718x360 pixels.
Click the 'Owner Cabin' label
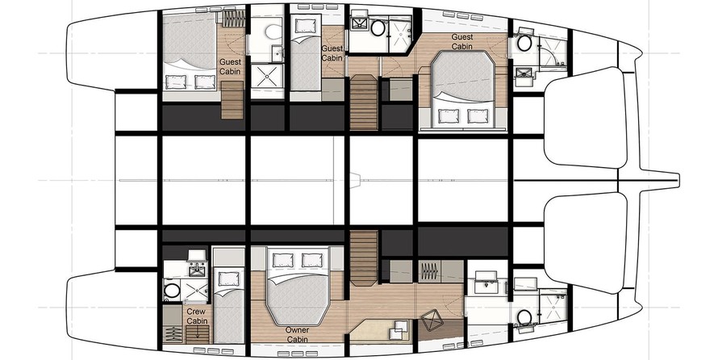tap(297, 334)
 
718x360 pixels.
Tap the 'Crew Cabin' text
tap(197, 316)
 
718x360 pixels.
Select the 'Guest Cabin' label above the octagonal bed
tap(462, 42)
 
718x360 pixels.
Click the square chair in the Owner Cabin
tap(432, 320)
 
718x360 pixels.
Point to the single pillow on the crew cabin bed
tap(229, 278)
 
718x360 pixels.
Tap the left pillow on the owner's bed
tap(282, 260)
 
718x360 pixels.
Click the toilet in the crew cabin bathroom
tap(172, 291)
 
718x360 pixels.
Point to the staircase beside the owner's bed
tap(364, 258)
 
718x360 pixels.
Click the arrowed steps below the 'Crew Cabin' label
tap(198, 335)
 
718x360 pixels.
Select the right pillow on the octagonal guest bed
tap(478, 116)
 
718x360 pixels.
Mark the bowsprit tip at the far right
tap(678, 180)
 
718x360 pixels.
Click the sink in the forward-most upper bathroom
tap(524, 73)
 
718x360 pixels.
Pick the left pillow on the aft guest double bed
tap(175, 82)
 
